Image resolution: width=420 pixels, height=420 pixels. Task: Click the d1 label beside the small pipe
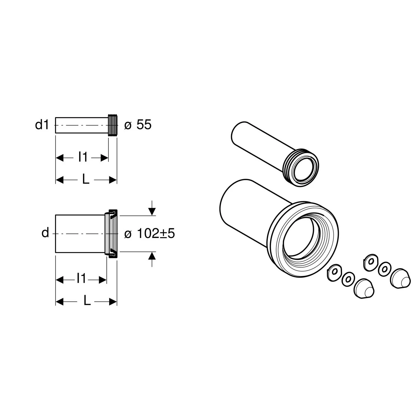[x=42, y=125]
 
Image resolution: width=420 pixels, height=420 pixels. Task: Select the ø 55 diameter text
[x=138, y=125]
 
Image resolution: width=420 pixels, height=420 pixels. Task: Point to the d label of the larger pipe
[x=45, y=233]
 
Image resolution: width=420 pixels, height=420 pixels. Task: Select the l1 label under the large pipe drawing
[x=81, y=279]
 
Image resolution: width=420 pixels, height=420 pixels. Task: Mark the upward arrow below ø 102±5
[x=152, y=256]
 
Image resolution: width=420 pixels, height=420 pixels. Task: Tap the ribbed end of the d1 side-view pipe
[x=113, y=125]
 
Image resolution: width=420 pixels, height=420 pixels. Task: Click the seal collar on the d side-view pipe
[x=111, y=233]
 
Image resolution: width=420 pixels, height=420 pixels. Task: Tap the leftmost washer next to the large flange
[x=333, y=272]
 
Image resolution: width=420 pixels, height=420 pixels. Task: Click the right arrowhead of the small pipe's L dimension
[x=113, y=180]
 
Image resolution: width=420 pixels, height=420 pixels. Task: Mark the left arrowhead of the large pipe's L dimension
[x=59, y=301]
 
